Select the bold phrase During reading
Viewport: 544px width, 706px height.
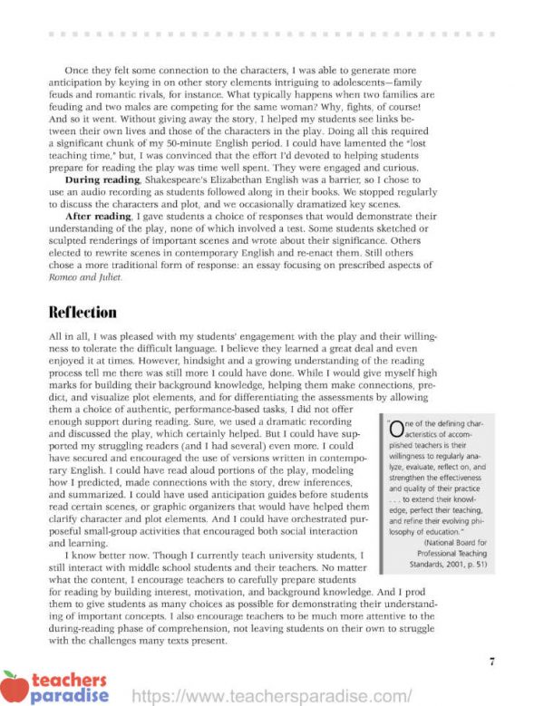click(x=102, y=180)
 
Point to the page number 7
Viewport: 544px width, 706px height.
click(x=491, y=661)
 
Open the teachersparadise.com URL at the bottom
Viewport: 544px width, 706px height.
click(x=272, y=696)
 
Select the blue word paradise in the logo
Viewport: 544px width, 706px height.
click(x=70, y=696)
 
